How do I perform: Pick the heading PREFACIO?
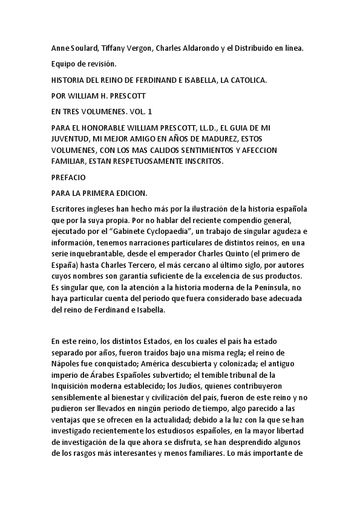[70, 178]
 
